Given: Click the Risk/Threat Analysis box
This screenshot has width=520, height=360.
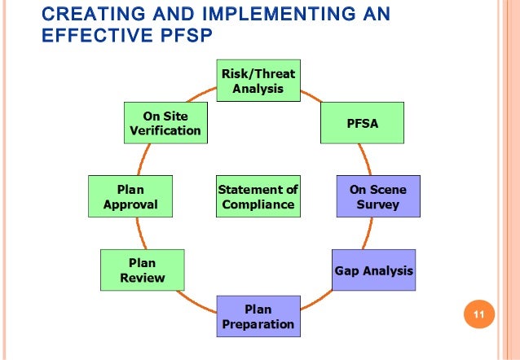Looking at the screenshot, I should tap(258, 81).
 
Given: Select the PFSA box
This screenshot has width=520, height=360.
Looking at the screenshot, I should tap(361, 123).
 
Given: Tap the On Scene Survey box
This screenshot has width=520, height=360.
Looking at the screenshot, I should tap(377, 196).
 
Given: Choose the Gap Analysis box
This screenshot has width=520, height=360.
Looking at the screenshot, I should tap(373, 270).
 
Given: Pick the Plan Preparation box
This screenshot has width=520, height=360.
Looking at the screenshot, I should tap(258, 316).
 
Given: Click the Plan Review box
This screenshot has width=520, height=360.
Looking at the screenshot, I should tap(142, 270).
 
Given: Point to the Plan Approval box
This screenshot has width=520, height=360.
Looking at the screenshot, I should tap(130, 196).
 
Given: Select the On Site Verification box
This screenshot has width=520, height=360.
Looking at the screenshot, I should tap(165, 123).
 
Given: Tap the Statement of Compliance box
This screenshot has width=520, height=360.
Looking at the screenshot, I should tap(258, 196).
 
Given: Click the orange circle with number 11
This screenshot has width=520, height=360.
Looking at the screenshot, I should tap(478, 315).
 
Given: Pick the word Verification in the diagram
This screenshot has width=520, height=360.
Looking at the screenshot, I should tap(165, 130).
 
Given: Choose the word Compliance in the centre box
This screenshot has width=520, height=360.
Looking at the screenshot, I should tap(258, 204).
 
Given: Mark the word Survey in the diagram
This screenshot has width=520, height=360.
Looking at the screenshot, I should tap(377, 204).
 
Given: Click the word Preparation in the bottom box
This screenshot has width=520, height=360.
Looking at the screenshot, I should tap(258, 324).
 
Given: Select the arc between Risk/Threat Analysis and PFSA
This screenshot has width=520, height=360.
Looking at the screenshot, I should tap(311, 95).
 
